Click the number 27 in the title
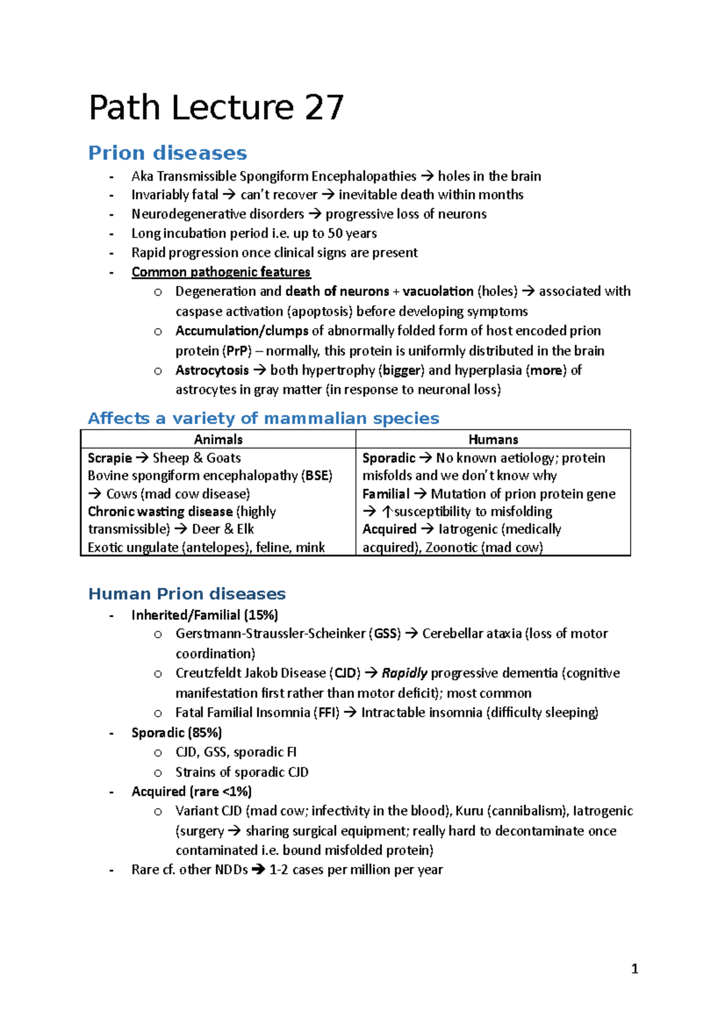pos(324,108)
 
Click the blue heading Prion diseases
pos(167,153)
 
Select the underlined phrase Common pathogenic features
pos(221,272)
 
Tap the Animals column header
pos(218,439)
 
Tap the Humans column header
pos(493,439)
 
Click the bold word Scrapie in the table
pos(109,458)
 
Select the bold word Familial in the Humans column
pos(385,494)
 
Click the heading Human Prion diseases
pos(187,593)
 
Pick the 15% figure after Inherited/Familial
pos(261,615)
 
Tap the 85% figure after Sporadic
pos(205,732)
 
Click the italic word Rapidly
pos(404,673)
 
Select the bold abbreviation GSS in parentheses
pos(386,634)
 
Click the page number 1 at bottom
pos(634,969)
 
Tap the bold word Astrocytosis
pos(212,370)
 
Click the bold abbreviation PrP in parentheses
pos(237,351)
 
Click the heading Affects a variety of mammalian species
pos(263,418)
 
